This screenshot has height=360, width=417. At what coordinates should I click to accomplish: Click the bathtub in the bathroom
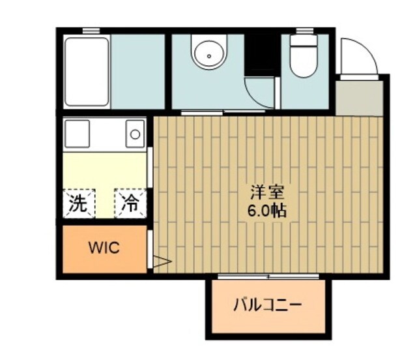(87, 72)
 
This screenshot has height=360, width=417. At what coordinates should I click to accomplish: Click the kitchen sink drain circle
(135, 134)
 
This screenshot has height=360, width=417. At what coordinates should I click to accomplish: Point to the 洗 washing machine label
(78, 203)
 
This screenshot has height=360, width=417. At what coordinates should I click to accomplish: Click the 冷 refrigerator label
(130, 203)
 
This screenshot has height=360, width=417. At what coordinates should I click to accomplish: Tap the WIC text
(104, 248)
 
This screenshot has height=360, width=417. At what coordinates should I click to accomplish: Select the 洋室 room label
(267, 193)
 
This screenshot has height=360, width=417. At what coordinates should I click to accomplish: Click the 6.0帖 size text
(267, 211)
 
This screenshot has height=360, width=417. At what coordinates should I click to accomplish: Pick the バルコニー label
(268, 305)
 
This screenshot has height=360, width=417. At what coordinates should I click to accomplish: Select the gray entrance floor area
(359, 98)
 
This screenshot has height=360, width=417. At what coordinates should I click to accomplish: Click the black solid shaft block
(262, 55)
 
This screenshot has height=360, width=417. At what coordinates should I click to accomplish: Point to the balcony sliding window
(268, 277)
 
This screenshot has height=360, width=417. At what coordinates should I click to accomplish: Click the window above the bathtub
(91, 31)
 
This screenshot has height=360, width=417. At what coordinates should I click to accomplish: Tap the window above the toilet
(305, 31)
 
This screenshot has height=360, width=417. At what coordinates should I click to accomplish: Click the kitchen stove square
(77, 134)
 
